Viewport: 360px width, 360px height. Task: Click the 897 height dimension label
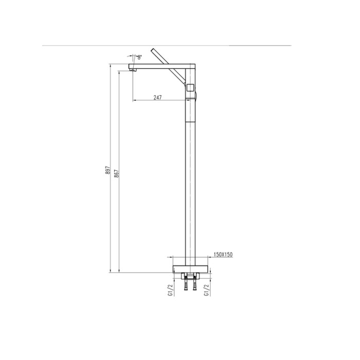point(108,171)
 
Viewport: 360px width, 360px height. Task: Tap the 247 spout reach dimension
point(157,98)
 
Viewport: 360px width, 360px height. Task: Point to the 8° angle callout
point(139,57)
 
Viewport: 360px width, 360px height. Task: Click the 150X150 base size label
point(223,255)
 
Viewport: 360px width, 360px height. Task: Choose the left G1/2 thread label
point(170,290)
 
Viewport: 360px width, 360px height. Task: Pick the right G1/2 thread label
point(207,290)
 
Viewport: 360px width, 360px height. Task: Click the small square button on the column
point(191,87)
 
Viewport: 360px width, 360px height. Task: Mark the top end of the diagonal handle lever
point(152,50)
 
